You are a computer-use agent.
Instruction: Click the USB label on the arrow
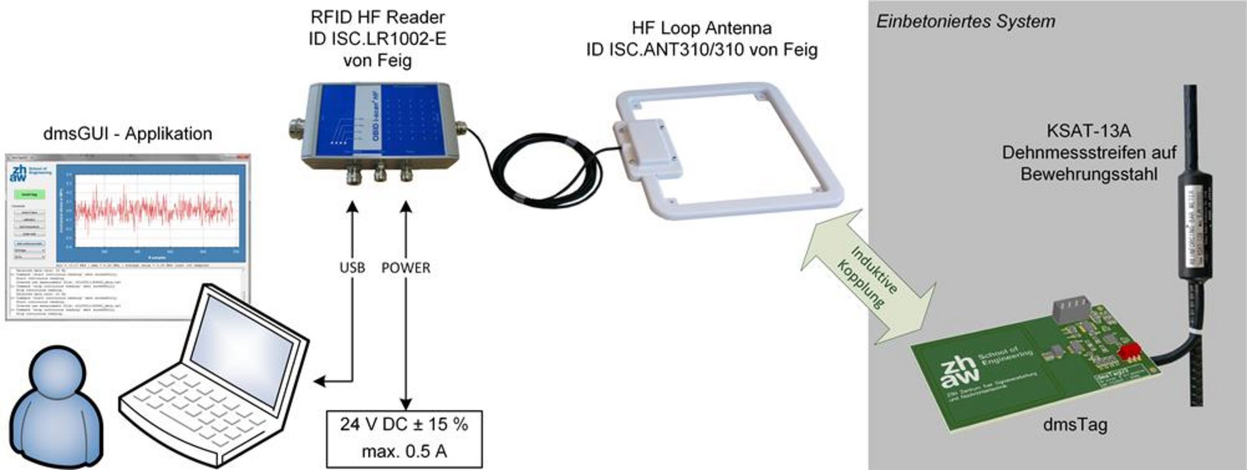click(x=352, y=268)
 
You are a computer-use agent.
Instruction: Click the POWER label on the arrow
click(x=406, y=268)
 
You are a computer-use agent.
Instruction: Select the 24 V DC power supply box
click(x=404, y=438)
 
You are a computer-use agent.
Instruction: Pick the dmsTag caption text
click(x=1075, y=425)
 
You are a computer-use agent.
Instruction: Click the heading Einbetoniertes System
click(x=965, y=22)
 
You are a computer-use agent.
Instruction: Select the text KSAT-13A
click(x=1088, y=131)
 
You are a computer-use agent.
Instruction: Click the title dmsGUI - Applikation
click(x=128, y=134)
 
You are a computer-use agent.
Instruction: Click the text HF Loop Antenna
click(x=701, y=28)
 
